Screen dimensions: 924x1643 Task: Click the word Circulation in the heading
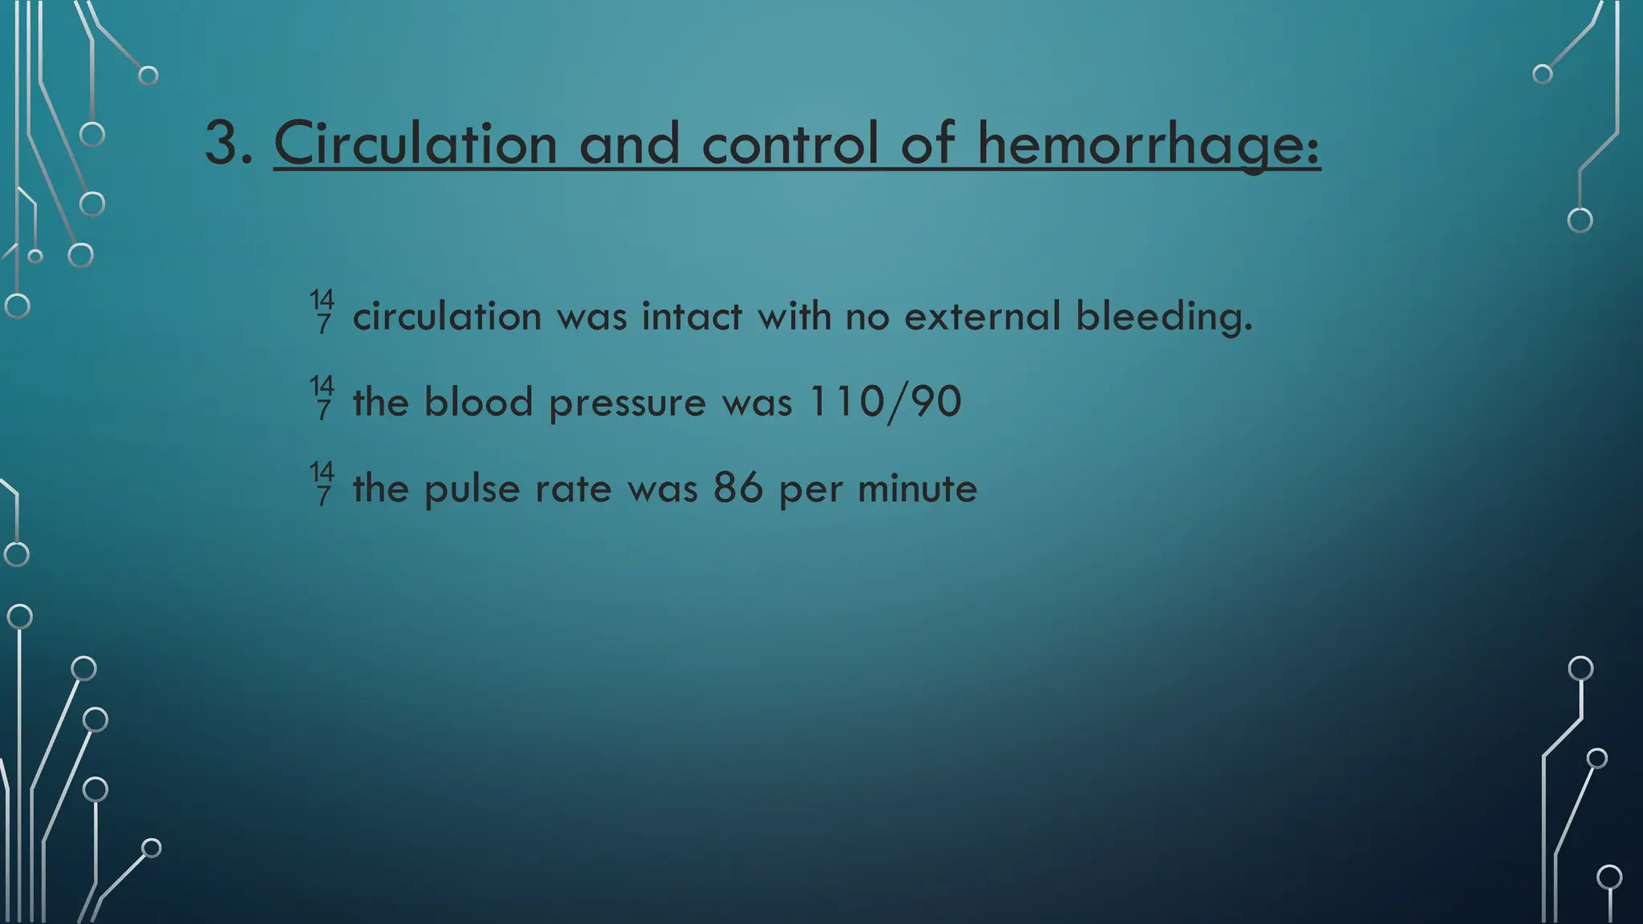415,144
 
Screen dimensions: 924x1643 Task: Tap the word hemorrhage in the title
1147,144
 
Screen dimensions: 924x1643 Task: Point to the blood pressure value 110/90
885,402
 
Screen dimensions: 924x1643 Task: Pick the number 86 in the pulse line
738,488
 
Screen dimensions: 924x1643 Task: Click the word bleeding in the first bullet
1163,316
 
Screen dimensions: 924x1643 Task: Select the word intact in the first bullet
692,316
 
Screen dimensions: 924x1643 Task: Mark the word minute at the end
917,488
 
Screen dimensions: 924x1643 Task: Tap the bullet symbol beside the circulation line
323,311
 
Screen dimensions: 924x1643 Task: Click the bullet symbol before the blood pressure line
323,397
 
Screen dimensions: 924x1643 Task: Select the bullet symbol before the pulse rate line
323,483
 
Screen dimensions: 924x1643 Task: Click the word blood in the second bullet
478,402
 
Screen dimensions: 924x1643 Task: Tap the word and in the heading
629,144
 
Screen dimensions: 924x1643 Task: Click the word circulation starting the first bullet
447,316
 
